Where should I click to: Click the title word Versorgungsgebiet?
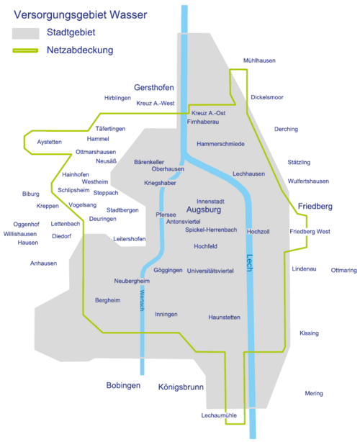60,15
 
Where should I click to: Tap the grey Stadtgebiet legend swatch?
26,34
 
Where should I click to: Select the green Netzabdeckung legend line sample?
25,50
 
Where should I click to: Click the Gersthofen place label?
154,88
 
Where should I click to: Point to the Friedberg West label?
310,232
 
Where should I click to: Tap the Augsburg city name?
204,210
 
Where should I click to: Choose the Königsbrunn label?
181,387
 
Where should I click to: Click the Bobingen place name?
123,386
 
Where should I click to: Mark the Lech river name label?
250,263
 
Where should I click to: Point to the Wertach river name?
142,300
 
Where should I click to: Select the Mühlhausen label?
259,60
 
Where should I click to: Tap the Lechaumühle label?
219,415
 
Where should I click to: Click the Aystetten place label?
50,142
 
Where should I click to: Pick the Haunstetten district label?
225,317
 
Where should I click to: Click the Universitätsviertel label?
210,271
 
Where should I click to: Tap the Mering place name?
314,394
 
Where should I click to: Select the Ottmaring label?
344,271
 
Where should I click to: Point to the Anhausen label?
44,263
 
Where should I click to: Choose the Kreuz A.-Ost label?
208,113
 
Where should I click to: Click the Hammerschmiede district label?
220,144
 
